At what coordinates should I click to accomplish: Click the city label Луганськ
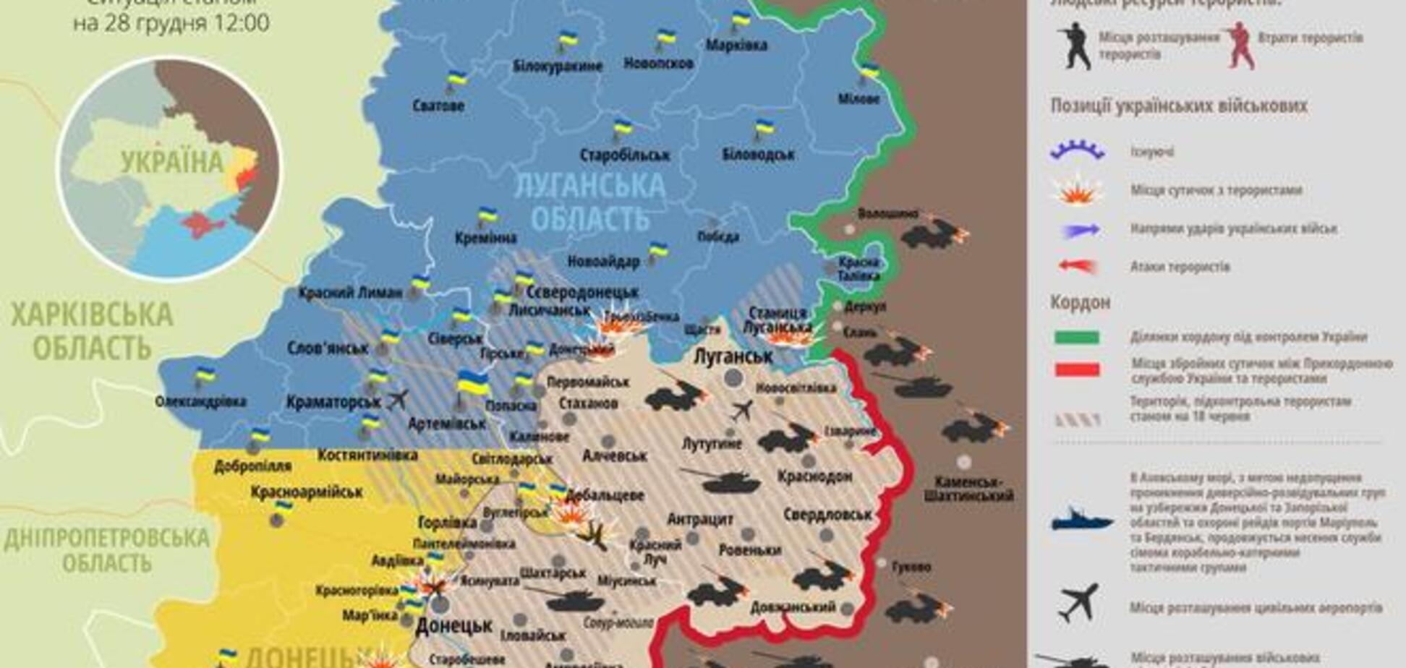[x=733, y=356]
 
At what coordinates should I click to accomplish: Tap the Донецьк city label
[x=453, y=625]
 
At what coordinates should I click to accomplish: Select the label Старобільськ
[x=625, y=155]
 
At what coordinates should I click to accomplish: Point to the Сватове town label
[x=438, y=106]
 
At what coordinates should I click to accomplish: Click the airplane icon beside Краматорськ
[x=397, y=399]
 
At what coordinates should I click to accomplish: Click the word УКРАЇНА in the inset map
[x=172, y=162]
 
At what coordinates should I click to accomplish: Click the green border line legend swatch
[x=1077, y=337]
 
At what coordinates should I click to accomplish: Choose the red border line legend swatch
[x=1077, y=370]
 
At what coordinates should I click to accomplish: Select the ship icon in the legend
[x=1081, y=521]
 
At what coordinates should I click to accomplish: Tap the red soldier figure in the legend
[x=1240, y=45]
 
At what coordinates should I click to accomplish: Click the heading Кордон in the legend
[x=1080, y=301]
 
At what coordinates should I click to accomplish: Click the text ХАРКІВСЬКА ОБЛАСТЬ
[x=92, y=331]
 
